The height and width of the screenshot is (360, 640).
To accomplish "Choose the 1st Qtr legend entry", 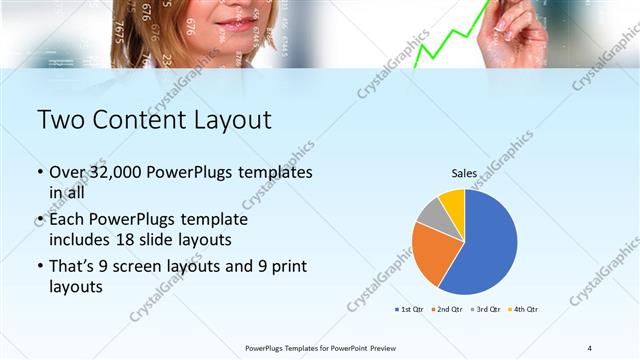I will point(408,309).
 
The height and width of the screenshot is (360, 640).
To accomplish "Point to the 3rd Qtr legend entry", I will point(485,309).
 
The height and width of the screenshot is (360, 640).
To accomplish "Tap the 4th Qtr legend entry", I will point(522,309).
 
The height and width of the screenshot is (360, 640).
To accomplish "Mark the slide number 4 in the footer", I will point(590,348).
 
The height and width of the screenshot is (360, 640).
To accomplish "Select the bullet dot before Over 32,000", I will point(40,172).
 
